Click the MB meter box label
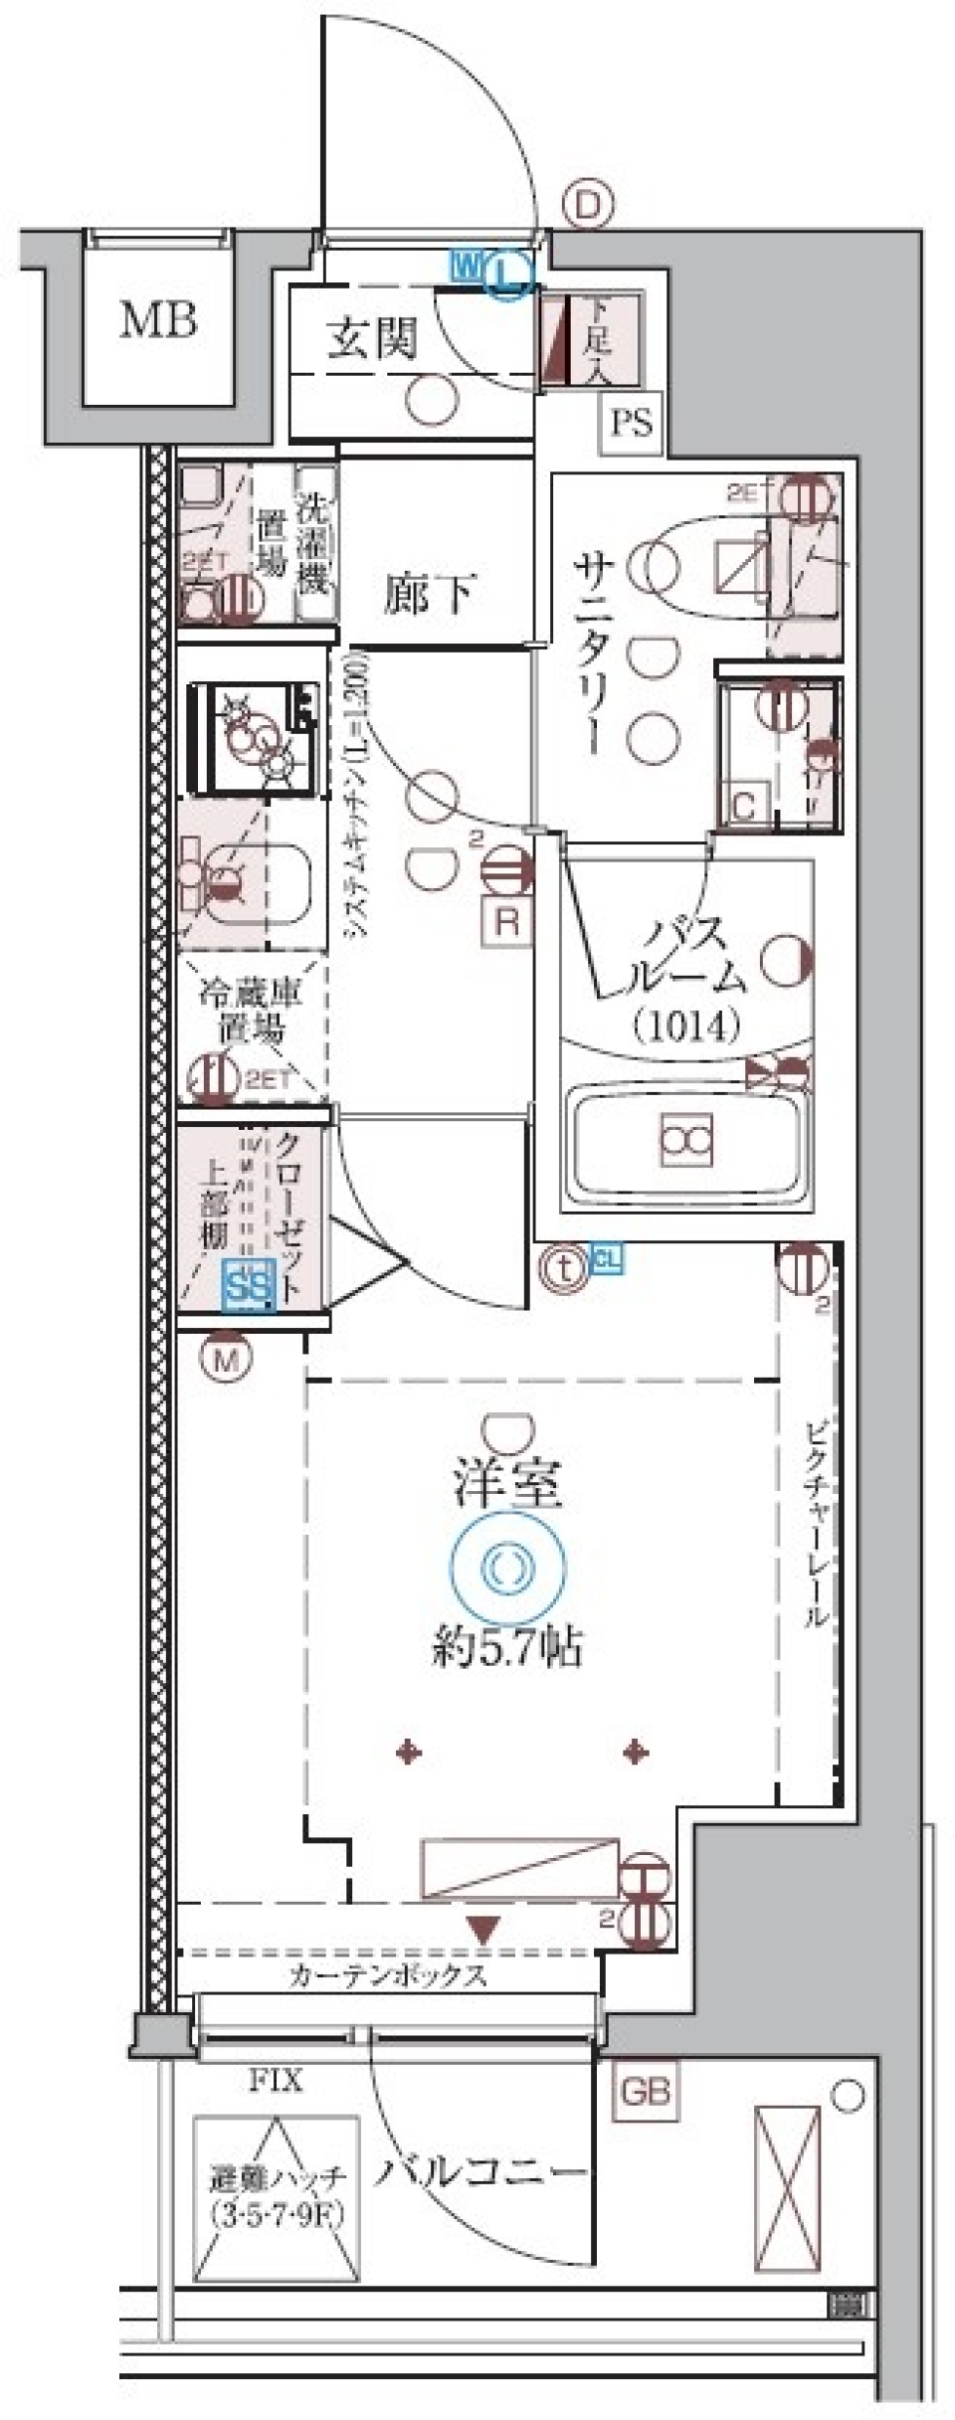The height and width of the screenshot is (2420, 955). tap(158, 320)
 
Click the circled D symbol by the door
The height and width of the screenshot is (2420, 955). tap(587, 206)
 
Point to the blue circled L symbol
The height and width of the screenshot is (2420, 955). tap(508, 272)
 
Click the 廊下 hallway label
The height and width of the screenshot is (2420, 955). tap(430, 594)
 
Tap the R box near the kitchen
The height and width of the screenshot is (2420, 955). tap(507, 922)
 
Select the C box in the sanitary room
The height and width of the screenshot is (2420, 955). tap(745, 804)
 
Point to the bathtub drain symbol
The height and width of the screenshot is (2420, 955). tap(686, 1140)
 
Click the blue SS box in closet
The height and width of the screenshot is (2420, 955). tap(248, 1286)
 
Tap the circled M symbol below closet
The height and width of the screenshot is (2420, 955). tap(226, 1359)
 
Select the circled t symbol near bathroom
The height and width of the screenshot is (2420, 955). tap(564, 1268)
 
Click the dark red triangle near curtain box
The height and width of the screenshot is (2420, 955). tap(483, 1933)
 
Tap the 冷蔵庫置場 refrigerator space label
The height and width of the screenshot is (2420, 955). tap(250, 1010)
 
